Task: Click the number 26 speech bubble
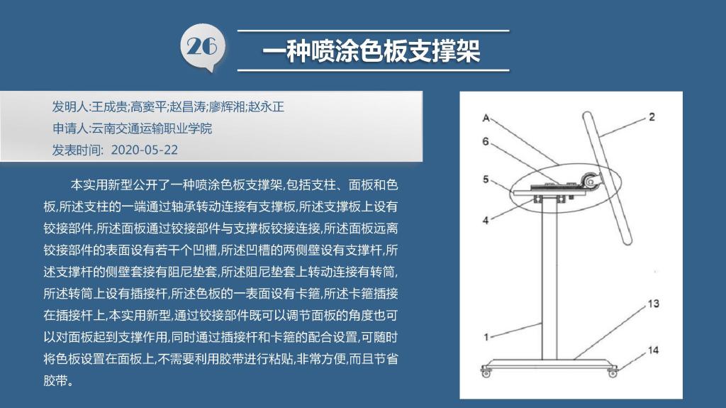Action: tap(202, 48)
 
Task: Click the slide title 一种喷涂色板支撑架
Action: tap(372, 50)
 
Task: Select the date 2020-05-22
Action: tap(145, 150)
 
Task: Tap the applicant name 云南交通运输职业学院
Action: tap(152, 128)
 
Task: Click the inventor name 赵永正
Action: tap(267, 107)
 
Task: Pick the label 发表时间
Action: tap(75, 150)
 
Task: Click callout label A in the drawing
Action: tap(486, 118)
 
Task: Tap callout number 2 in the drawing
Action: tap(652, 117)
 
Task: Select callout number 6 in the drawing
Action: tap(485, 141)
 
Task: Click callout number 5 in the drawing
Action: tap(485, 180)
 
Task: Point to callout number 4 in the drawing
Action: tap(485, 221)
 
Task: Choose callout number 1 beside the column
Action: tap(486, 337)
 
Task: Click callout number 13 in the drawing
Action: tap(653, 304)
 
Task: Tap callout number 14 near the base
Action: tap(653, 350)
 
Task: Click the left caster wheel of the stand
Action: tap(486, 373)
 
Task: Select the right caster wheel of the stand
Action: tap(613, 372)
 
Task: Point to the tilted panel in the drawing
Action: tap(607, 178)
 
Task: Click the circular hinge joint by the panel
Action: tap(591, 181)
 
